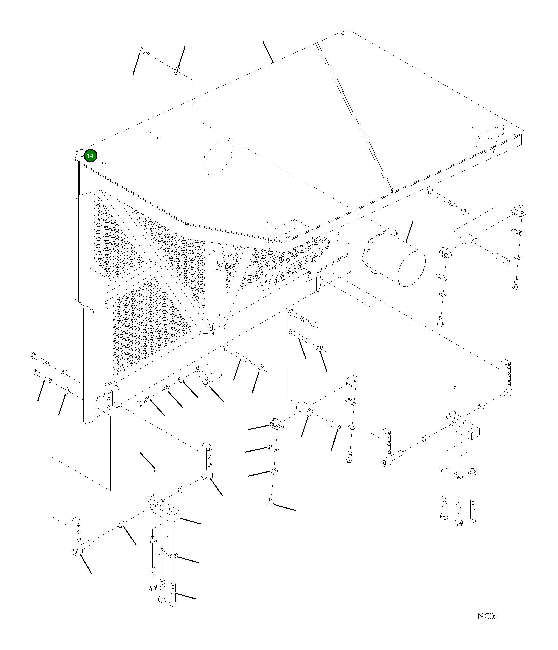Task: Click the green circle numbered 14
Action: pos(90,156)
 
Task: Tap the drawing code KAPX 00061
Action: pos(487,616)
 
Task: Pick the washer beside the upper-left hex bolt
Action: pos(176,71)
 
